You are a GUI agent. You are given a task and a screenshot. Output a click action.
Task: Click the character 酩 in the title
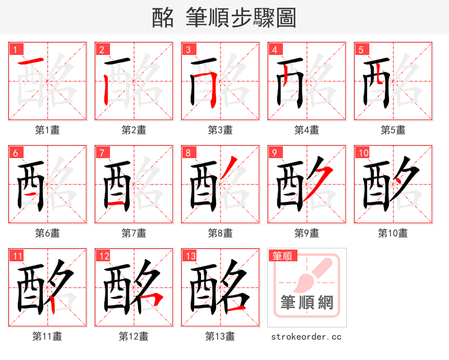point(163,18)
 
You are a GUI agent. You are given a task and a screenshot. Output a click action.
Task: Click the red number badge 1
point(15,49)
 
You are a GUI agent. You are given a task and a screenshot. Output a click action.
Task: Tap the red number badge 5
point(360,49)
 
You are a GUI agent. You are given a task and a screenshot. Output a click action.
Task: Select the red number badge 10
point(363,153)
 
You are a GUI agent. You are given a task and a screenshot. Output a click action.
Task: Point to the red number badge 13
point(190,256)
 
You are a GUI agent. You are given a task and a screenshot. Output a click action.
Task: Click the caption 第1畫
point(47,130)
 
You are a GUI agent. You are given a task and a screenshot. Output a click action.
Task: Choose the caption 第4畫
point(306,130)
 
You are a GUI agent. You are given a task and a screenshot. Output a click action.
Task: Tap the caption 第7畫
point(134,233)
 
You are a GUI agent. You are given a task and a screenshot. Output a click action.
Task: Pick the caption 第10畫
point(393,233)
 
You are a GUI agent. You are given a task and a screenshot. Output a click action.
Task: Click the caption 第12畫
point(134,336)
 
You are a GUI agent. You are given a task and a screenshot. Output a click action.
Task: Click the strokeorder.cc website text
point(306,336)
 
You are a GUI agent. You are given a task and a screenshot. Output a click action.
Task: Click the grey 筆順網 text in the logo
point(306,303)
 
